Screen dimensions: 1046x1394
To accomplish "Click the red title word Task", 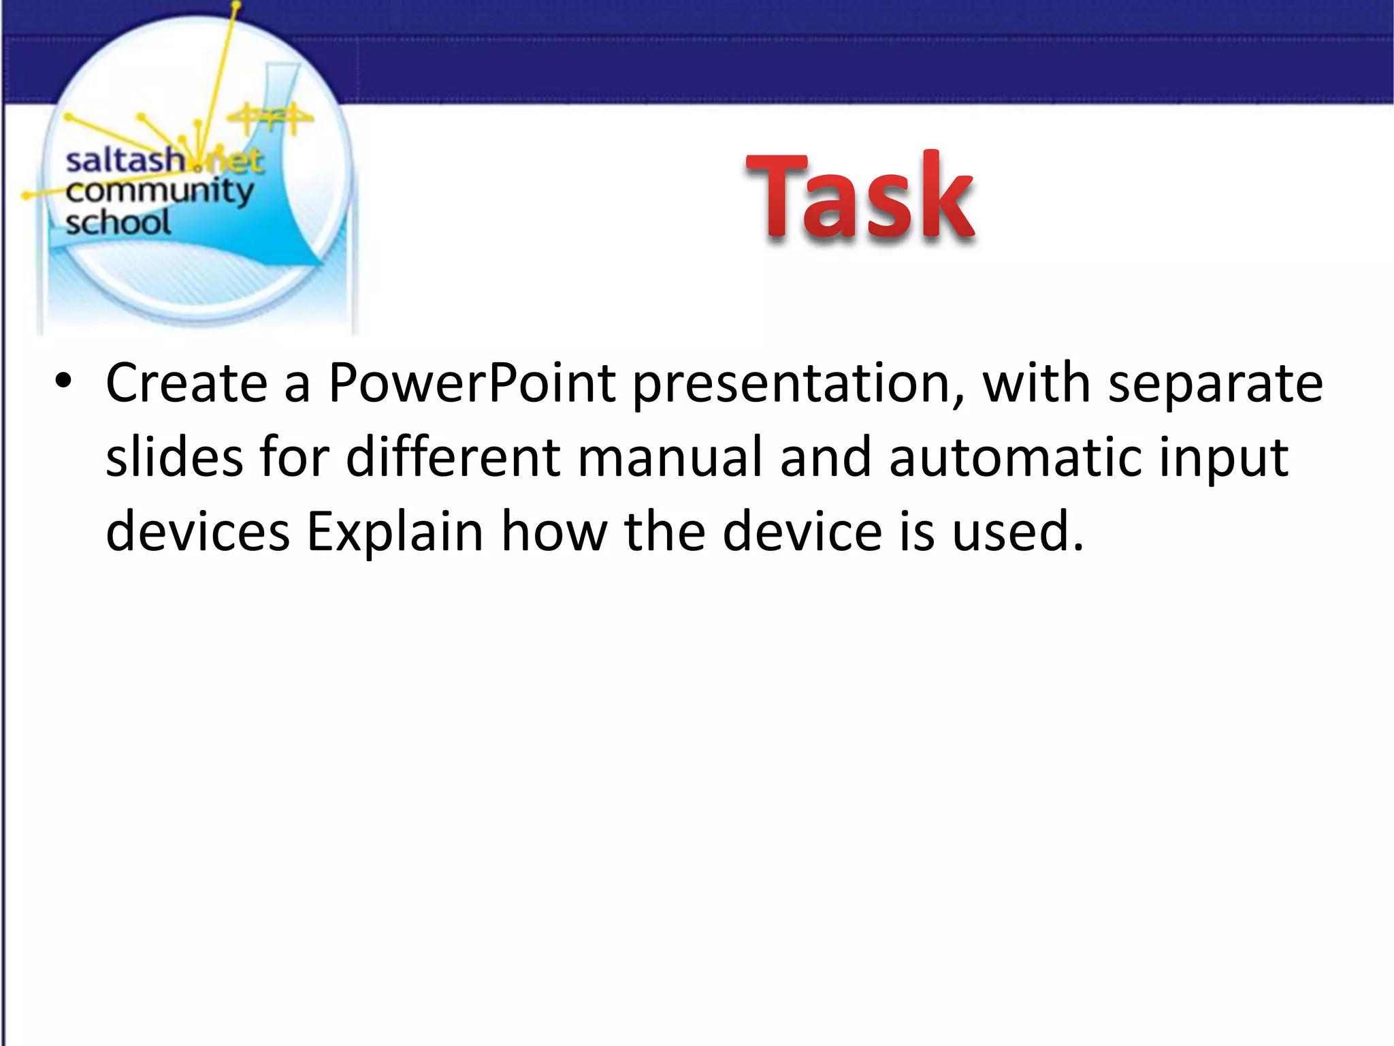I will click(860, 197).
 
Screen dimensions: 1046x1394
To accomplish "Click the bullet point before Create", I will click(63, 382).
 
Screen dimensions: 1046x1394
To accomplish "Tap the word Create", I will click(187, 383).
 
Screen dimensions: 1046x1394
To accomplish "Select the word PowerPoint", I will click(472, 383).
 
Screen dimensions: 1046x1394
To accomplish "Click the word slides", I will click(174, 457).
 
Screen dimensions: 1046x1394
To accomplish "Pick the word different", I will click(453, 457).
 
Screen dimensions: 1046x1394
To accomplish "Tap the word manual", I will click(670, 457).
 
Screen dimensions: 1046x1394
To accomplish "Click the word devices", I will click(198, 531).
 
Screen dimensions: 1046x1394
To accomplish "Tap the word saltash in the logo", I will click(124, 161).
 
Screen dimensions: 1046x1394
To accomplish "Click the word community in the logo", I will click(159, 192).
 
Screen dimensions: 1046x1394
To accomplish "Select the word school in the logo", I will click(118, 223).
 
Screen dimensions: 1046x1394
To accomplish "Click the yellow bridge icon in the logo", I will click(270, 119).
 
